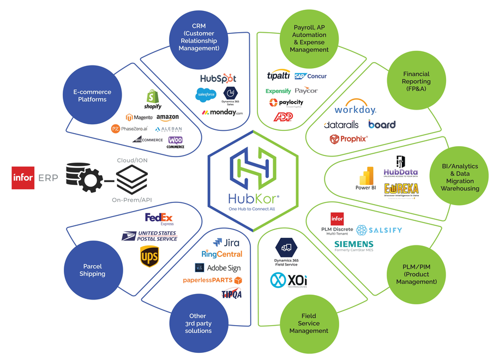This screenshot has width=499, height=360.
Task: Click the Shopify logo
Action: [153, 99]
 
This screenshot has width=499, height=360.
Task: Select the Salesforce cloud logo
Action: [206, 94]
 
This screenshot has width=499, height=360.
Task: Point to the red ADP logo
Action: [282, 117]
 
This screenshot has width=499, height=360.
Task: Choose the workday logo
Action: [355, 110]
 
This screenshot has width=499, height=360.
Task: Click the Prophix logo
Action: [348, 139]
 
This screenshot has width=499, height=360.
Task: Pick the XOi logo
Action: [288, 281]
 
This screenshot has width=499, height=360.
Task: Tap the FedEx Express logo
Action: [159, 219]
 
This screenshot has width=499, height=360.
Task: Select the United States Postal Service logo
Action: [149, 236]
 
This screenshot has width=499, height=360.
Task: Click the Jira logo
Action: [226, 242]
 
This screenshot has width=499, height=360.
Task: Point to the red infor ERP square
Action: [23, 178]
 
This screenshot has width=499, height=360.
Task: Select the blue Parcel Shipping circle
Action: [93, 270]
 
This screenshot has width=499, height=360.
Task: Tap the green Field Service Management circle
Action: [309, 323]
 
